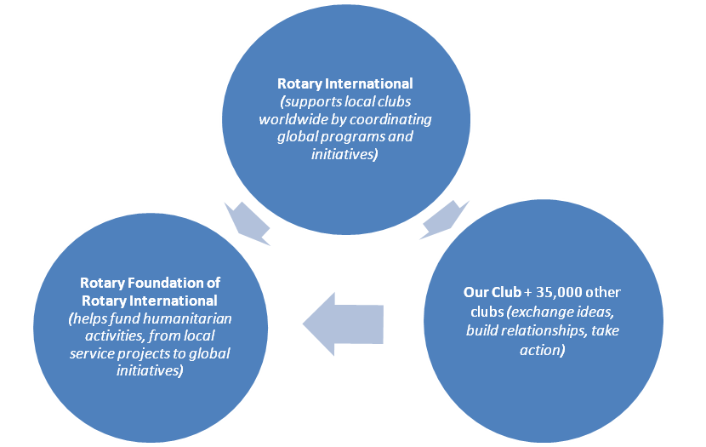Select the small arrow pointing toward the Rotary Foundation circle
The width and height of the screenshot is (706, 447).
tap(248, 220)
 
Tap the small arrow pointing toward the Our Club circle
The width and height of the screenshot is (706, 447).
tap(444, 220)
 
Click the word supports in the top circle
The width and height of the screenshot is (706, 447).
tap(319, 101)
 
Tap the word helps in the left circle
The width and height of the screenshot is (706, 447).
tap(88, 318)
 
